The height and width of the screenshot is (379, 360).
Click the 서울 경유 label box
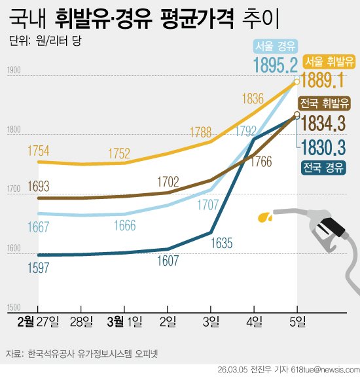[x=275, y=46]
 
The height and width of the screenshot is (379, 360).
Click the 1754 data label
[x=38, y=151]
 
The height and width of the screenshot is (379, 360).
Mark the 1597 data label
[x=38, y=266]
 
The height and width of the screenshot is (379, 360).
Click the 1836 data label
[x=253, y=99]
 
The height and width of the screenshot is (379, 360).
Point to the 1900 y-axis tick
[x=14, y=71]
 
